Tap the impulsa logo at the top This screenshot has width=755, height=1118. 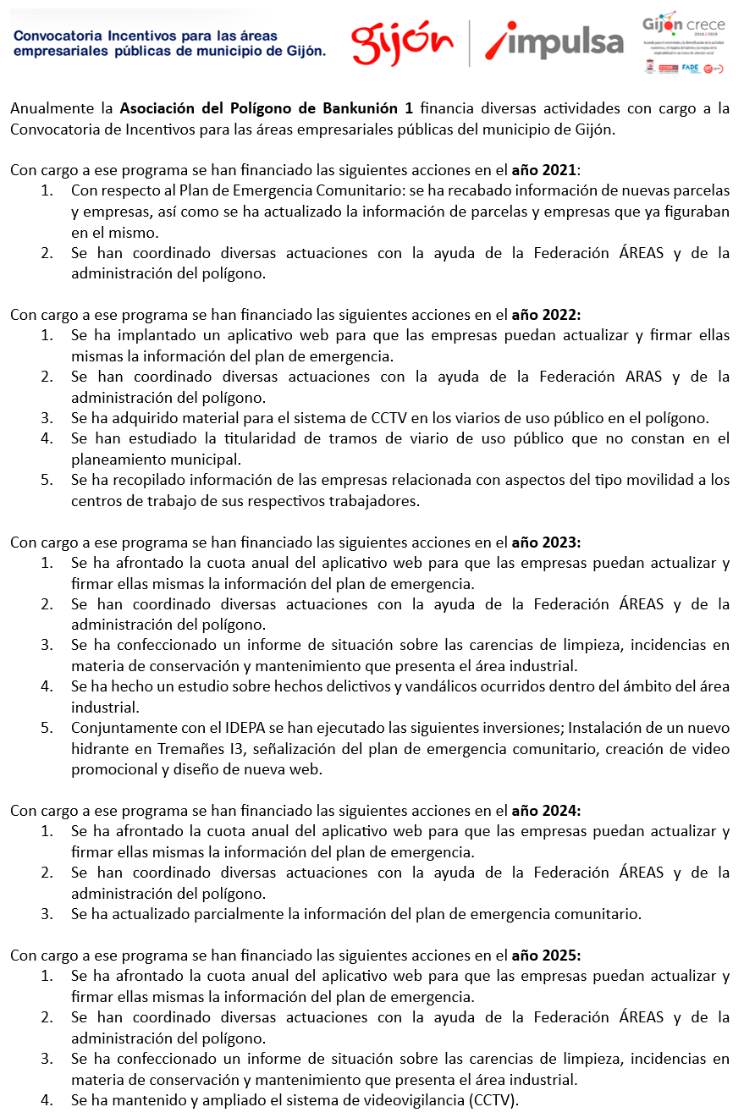pos(554,42)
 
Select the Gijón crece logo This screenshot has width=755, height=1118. pos(682,25)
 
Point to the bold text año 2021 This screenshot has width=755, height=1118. pos(544,170)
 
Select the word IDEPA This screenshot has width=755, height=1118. pos(248,728)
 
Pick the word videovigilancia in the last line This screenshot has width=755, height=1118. pos(387,1100)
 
